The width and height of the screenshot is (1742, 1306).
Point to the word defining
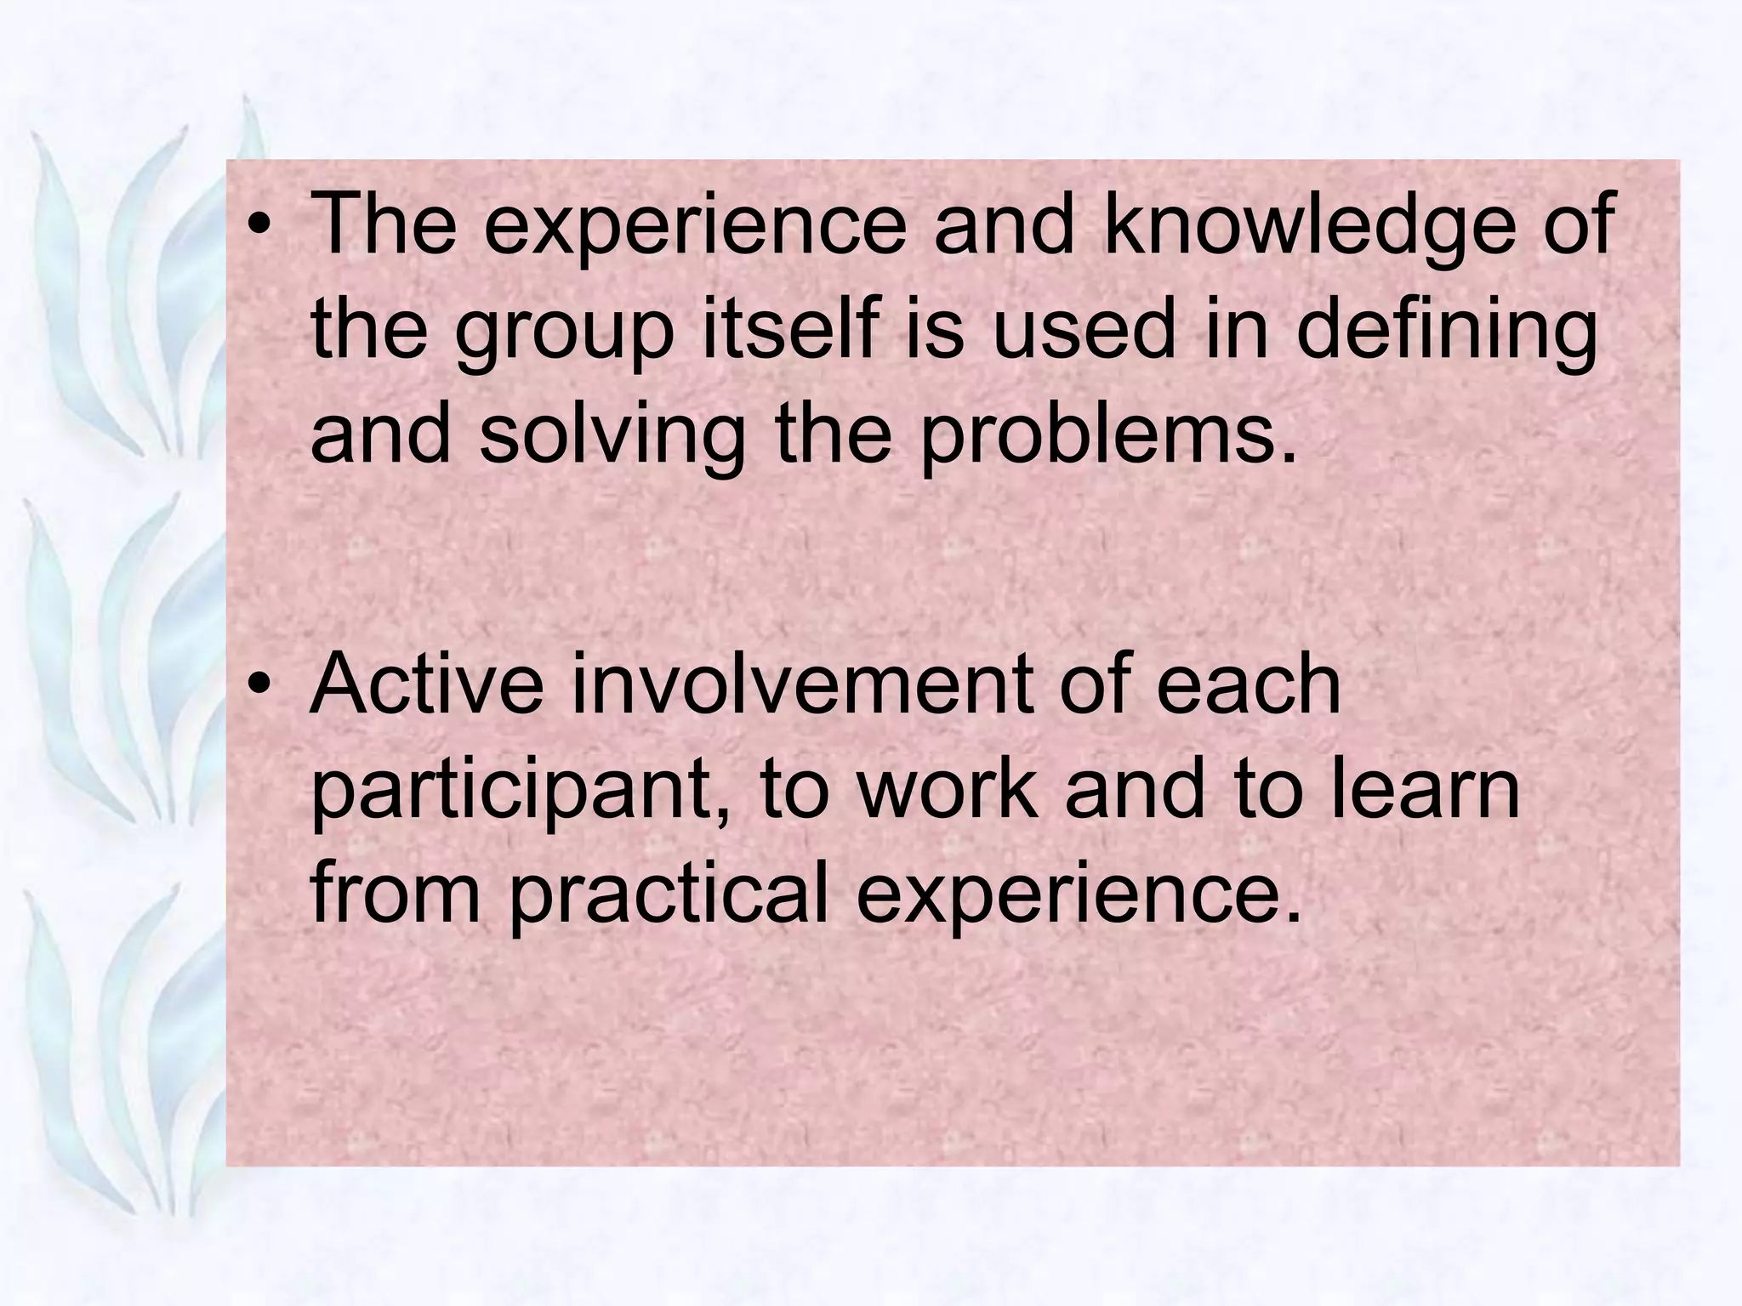[x=1447, y=333]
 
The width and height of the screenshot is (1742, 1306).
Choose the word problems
[x=1109, y=438]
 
